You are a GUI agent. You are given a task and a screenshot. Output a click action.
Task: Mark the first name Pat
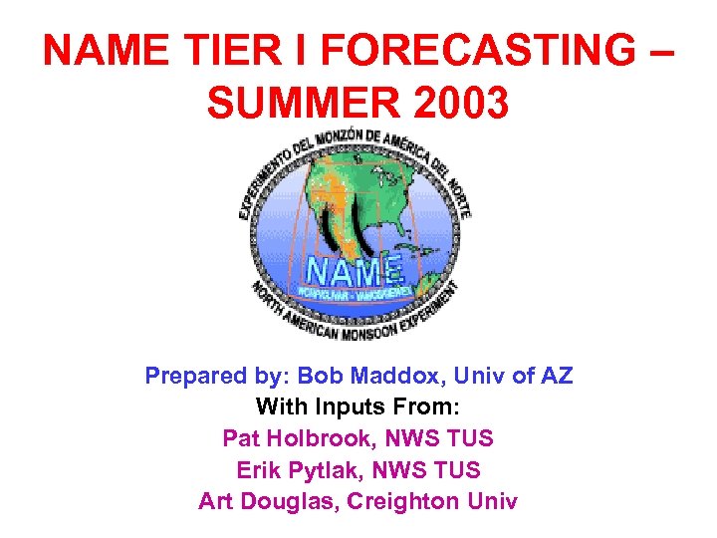[x=240, y=438]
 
